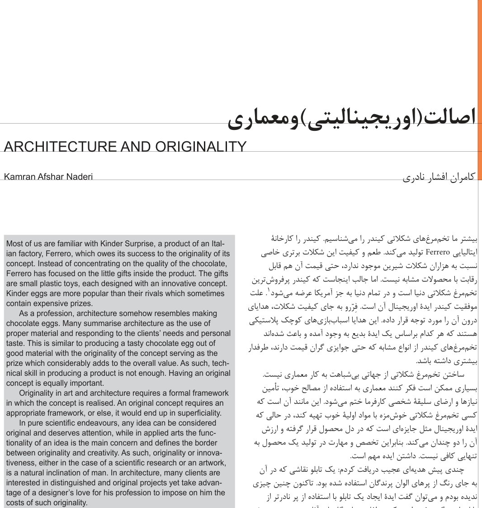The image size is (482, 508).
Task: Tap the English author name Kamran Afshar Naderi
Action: coord(48,177)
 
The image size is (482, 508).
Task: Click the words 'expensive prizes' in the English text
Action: coord(62,303)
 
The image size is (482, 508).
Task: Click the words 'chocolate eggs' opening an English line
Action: coord(30,323)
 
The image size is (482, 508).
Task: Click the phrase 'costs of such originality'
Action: coord(46,503)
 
